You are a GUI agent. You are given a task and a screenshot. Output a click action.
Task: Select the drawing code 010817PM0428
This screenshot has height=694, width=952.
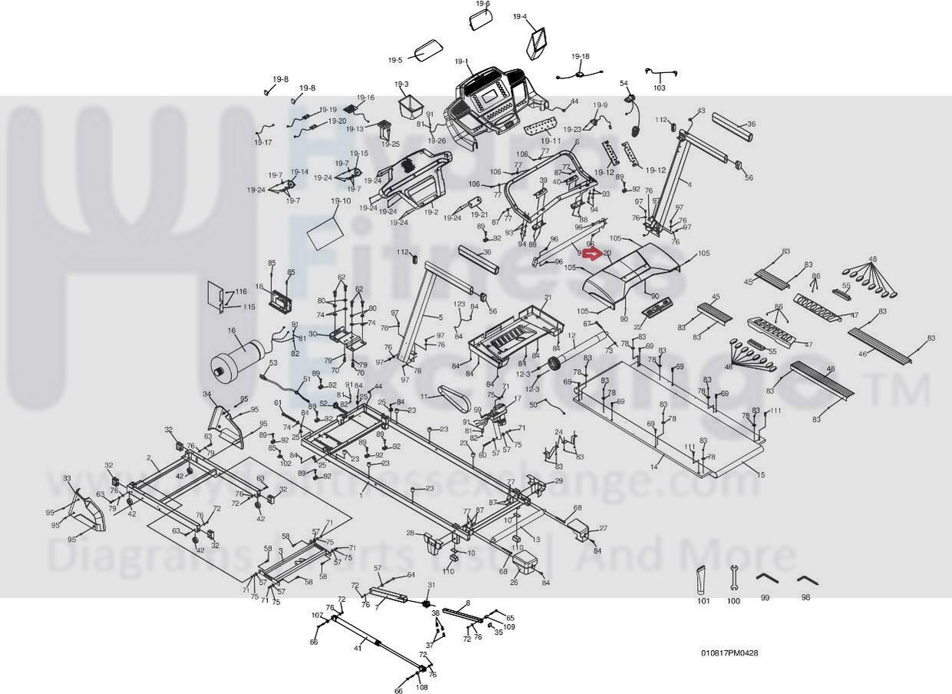point(729,653)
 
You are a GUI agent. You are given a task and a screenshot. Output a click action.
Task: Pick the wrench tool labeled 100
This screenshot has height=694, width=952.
point(734,578)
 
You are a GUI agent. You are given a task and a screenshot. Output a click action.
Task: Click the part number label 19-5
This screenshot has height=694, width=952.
point(395,60)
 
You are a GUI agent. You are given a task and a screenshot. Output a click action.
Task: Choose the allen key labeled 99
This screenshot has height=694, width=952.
point(765,578)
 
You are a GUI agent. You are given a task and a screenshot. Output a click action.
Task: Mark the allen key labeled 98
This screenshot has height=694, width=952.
point(805,578)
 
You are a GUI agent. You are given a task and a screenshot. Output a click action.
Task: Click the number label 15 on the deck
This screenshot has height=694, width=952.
point(761,475)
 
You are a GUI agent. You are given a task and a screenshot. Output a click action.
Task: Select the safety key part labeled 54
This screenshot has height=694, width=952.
point(630,102)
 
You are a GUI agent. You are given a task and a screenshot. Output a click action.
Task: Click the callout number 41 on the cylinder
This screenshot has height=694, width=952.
point(358,649)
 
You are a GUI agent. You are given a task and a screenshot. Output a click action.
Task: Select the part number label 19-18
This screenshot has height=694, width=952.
point(580,56)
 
